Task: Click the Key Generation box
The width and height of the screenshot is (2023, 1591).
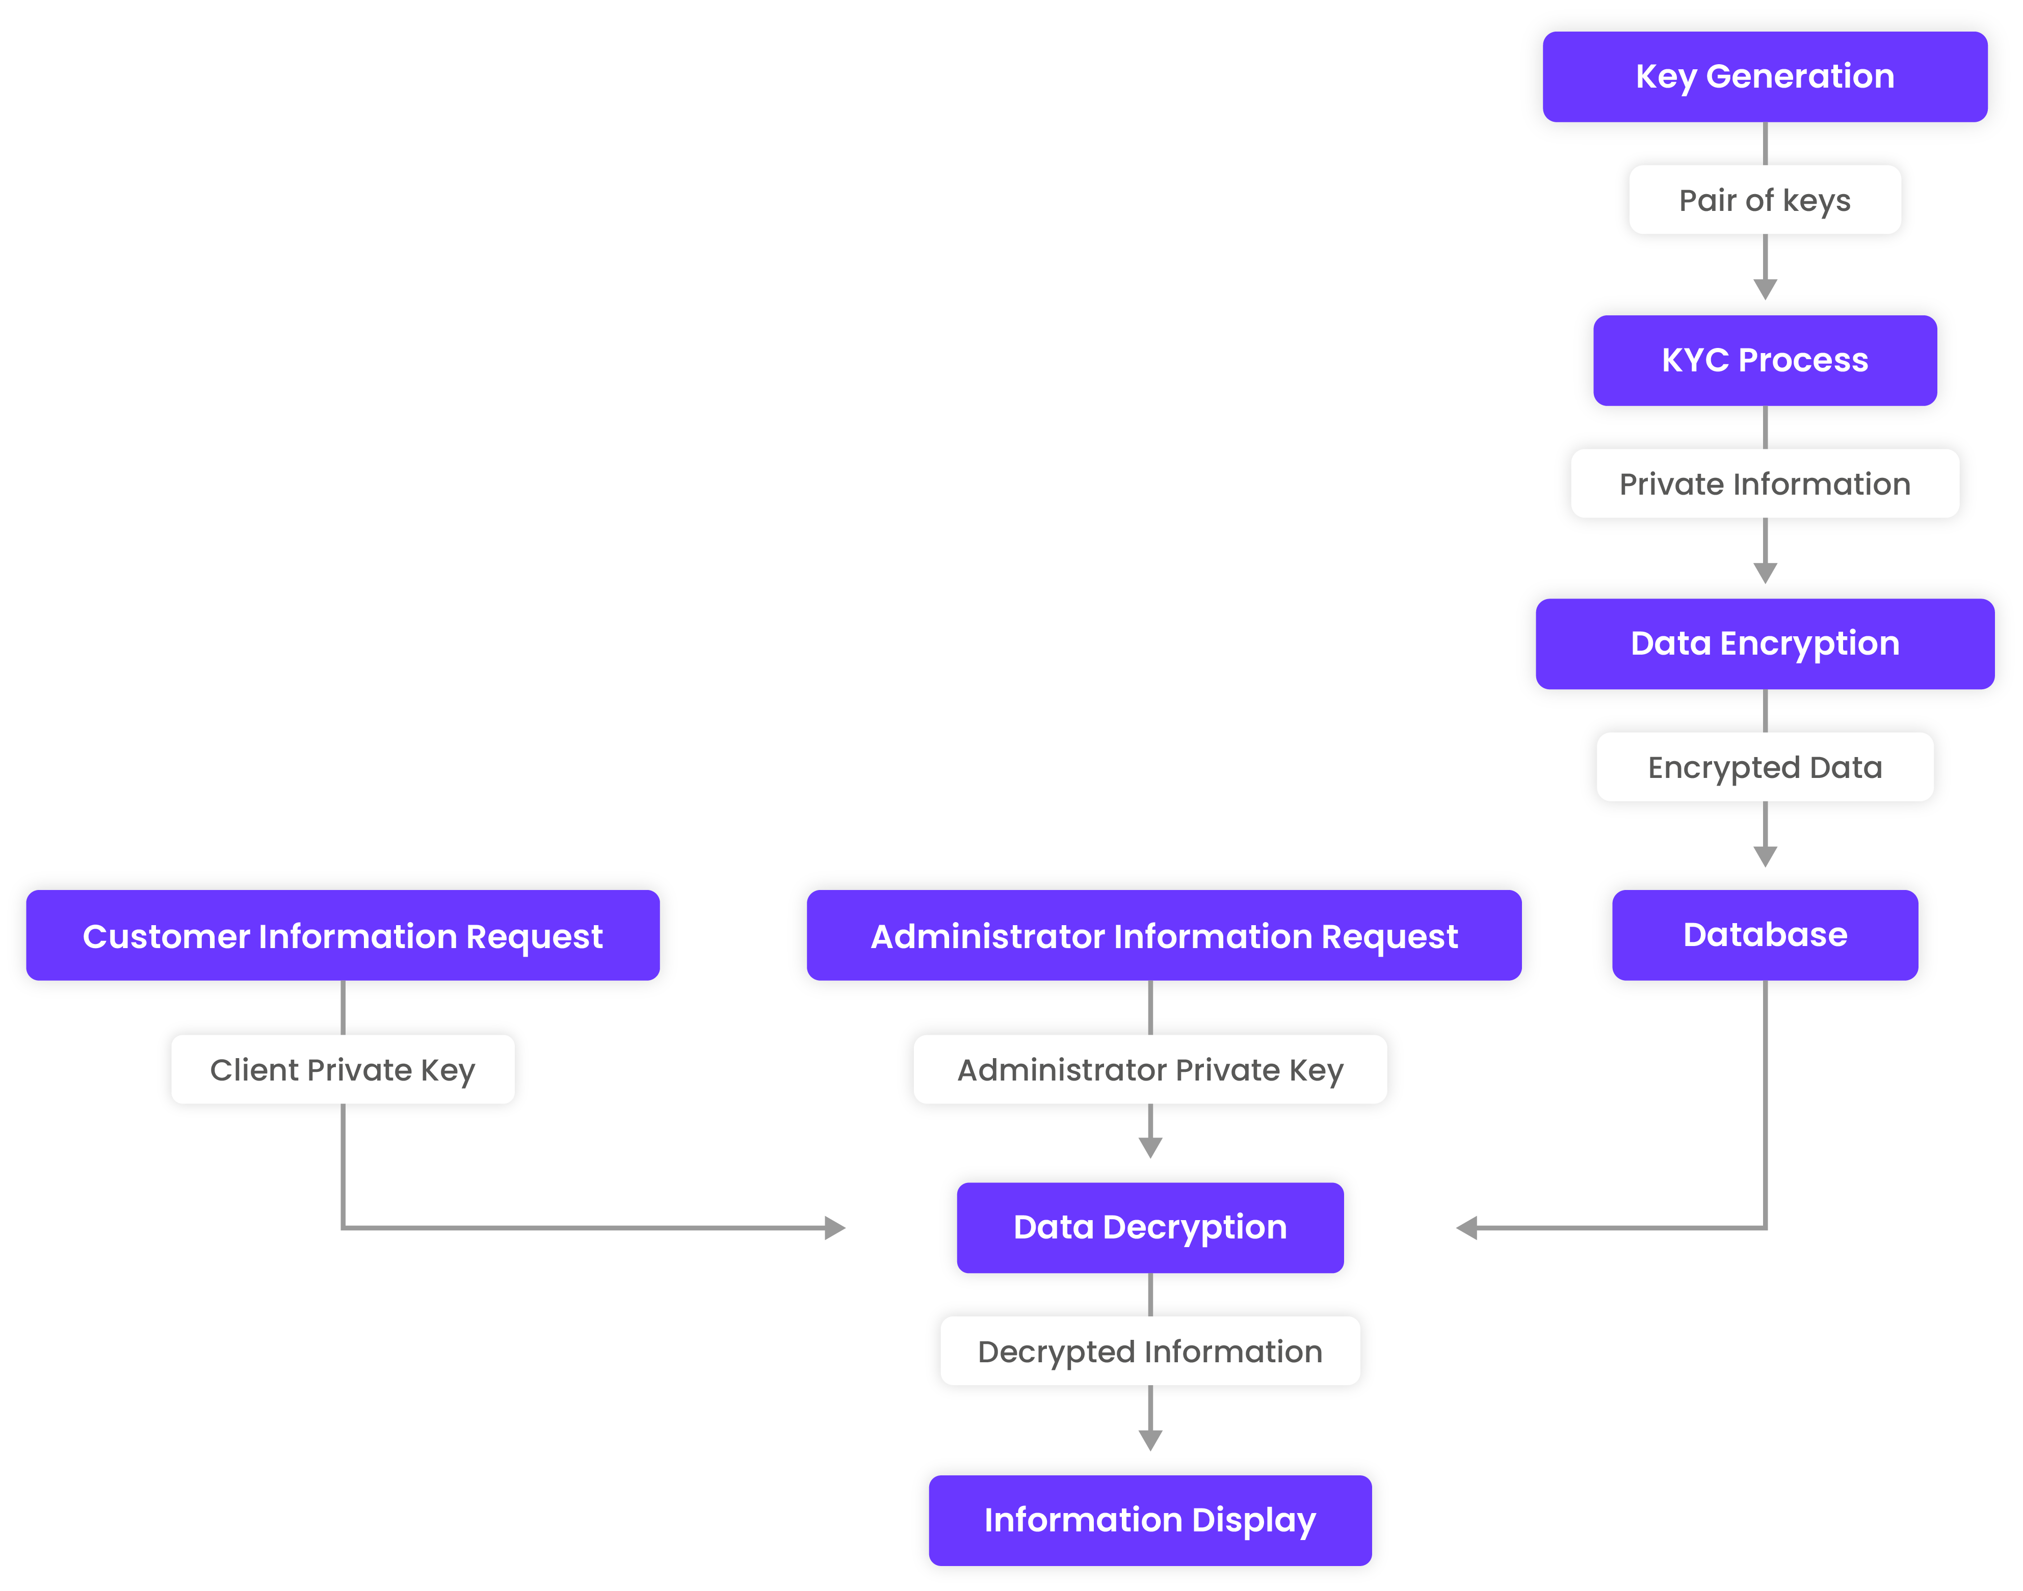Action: [x=1764, y=76]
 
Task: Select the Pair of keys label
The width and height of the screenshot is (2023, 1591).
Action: [x=1764, y=200]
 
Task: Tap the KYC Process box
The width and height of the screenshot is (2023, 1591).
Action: [x=1764, y=361]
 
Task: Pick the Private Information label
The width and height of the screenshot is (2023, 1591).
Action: [x=1764, y=483]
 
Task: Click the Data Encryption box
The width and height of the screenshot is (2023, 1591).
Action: [x=1764, y=643]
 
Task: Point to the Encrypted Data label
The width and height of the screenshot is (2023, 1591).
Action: [x=1764, y=767]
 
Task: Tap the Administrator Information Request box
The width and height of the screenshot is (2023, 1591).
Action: [x=1163, y=935]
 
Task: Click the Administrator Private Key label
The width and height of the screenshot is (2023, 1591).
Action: [x=1150, y=1069]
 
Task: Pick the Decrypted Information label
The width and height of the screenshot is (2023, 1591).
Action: [x=1150, y=1351]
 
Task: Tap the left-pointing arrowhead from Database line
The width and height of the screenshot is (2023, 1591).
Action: [x=1467, y=1228]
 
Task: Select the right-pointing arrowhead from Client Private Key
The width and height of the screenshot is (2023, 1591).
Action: [x=835, y=1228]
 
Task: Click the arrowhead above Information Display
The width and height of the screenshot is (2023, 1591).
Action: [x=1150, y=1440]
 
